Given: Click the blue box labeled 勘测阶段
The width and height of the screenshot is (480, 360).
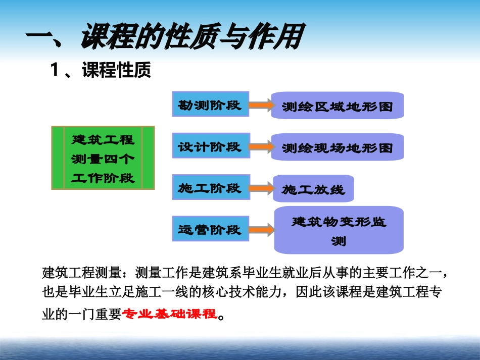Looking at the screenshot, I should (210, 105).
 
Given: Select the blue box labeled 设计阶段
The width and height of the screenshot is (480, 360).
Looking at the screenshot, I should (210, 146).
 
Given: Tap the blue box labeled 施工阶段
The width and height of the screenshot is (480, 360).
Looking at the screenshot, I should (210, 187).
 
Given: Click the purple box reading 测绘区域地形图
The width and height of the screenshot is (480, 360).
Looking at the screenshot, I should (337, 106).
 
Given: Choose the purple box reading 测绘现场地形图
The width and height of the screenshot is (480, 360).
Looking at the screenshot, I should (337, 147).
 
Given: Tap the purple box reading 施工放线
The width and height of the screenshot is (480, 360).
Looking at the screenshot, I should (313, 189).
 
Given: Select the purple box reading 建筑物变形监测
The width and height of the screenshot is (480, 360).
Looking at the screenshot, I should (339, 230).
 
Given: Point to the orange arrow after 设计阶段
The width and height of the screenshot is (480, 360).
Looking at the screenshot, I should (261, 147).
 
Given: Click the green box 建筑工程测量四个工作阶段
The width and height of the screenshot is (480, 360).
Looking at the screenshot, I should (103, 158).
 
